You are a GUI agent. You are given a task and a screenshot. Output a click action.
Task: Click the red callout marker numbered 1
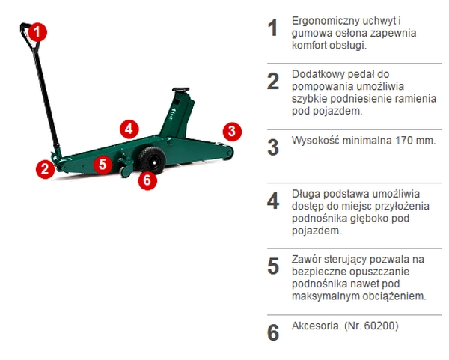(x=37, y=32)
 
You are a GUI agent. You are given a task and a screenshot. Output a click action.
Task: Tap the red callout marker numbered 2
(x=45, y=169)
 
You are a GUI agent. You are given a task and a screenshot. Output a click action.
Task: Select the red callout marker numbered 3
(x=232, y=132)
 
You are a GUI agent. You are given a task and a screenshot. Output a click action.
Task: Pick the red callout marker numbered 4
(x=129, y=129)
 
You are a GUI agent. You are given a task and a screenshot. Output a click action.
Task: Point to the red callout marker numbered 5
(x=103, y=165)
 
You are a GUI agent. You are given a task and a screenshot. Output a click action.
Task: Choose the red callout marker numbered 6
(x=147, y=180)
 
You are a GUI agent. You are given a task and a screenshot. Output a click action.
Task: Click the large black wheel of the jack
(x=152, y=161)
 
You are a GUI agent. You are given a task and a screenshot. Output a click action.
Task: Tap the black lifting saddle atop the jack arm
(x=181, y=91)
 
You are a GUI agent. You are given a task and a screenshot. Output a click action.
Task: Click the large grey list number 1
(x=273, y=28)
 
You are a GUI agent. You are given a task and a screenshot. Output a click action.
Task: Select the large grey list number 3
(x=273, y=147)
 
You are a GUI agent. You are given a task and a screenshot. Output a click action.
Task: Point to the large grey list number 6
(x=273, y=332)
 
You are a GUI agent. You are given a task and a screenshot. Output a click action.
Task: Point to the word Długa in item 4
(x=305, y=195)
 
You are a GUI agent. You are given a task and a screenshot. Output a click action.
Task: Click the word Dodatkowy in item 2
(x=315, y=75)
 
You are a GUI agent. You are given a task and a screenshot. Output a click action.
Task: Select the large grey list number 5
(x=273, y=266)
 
